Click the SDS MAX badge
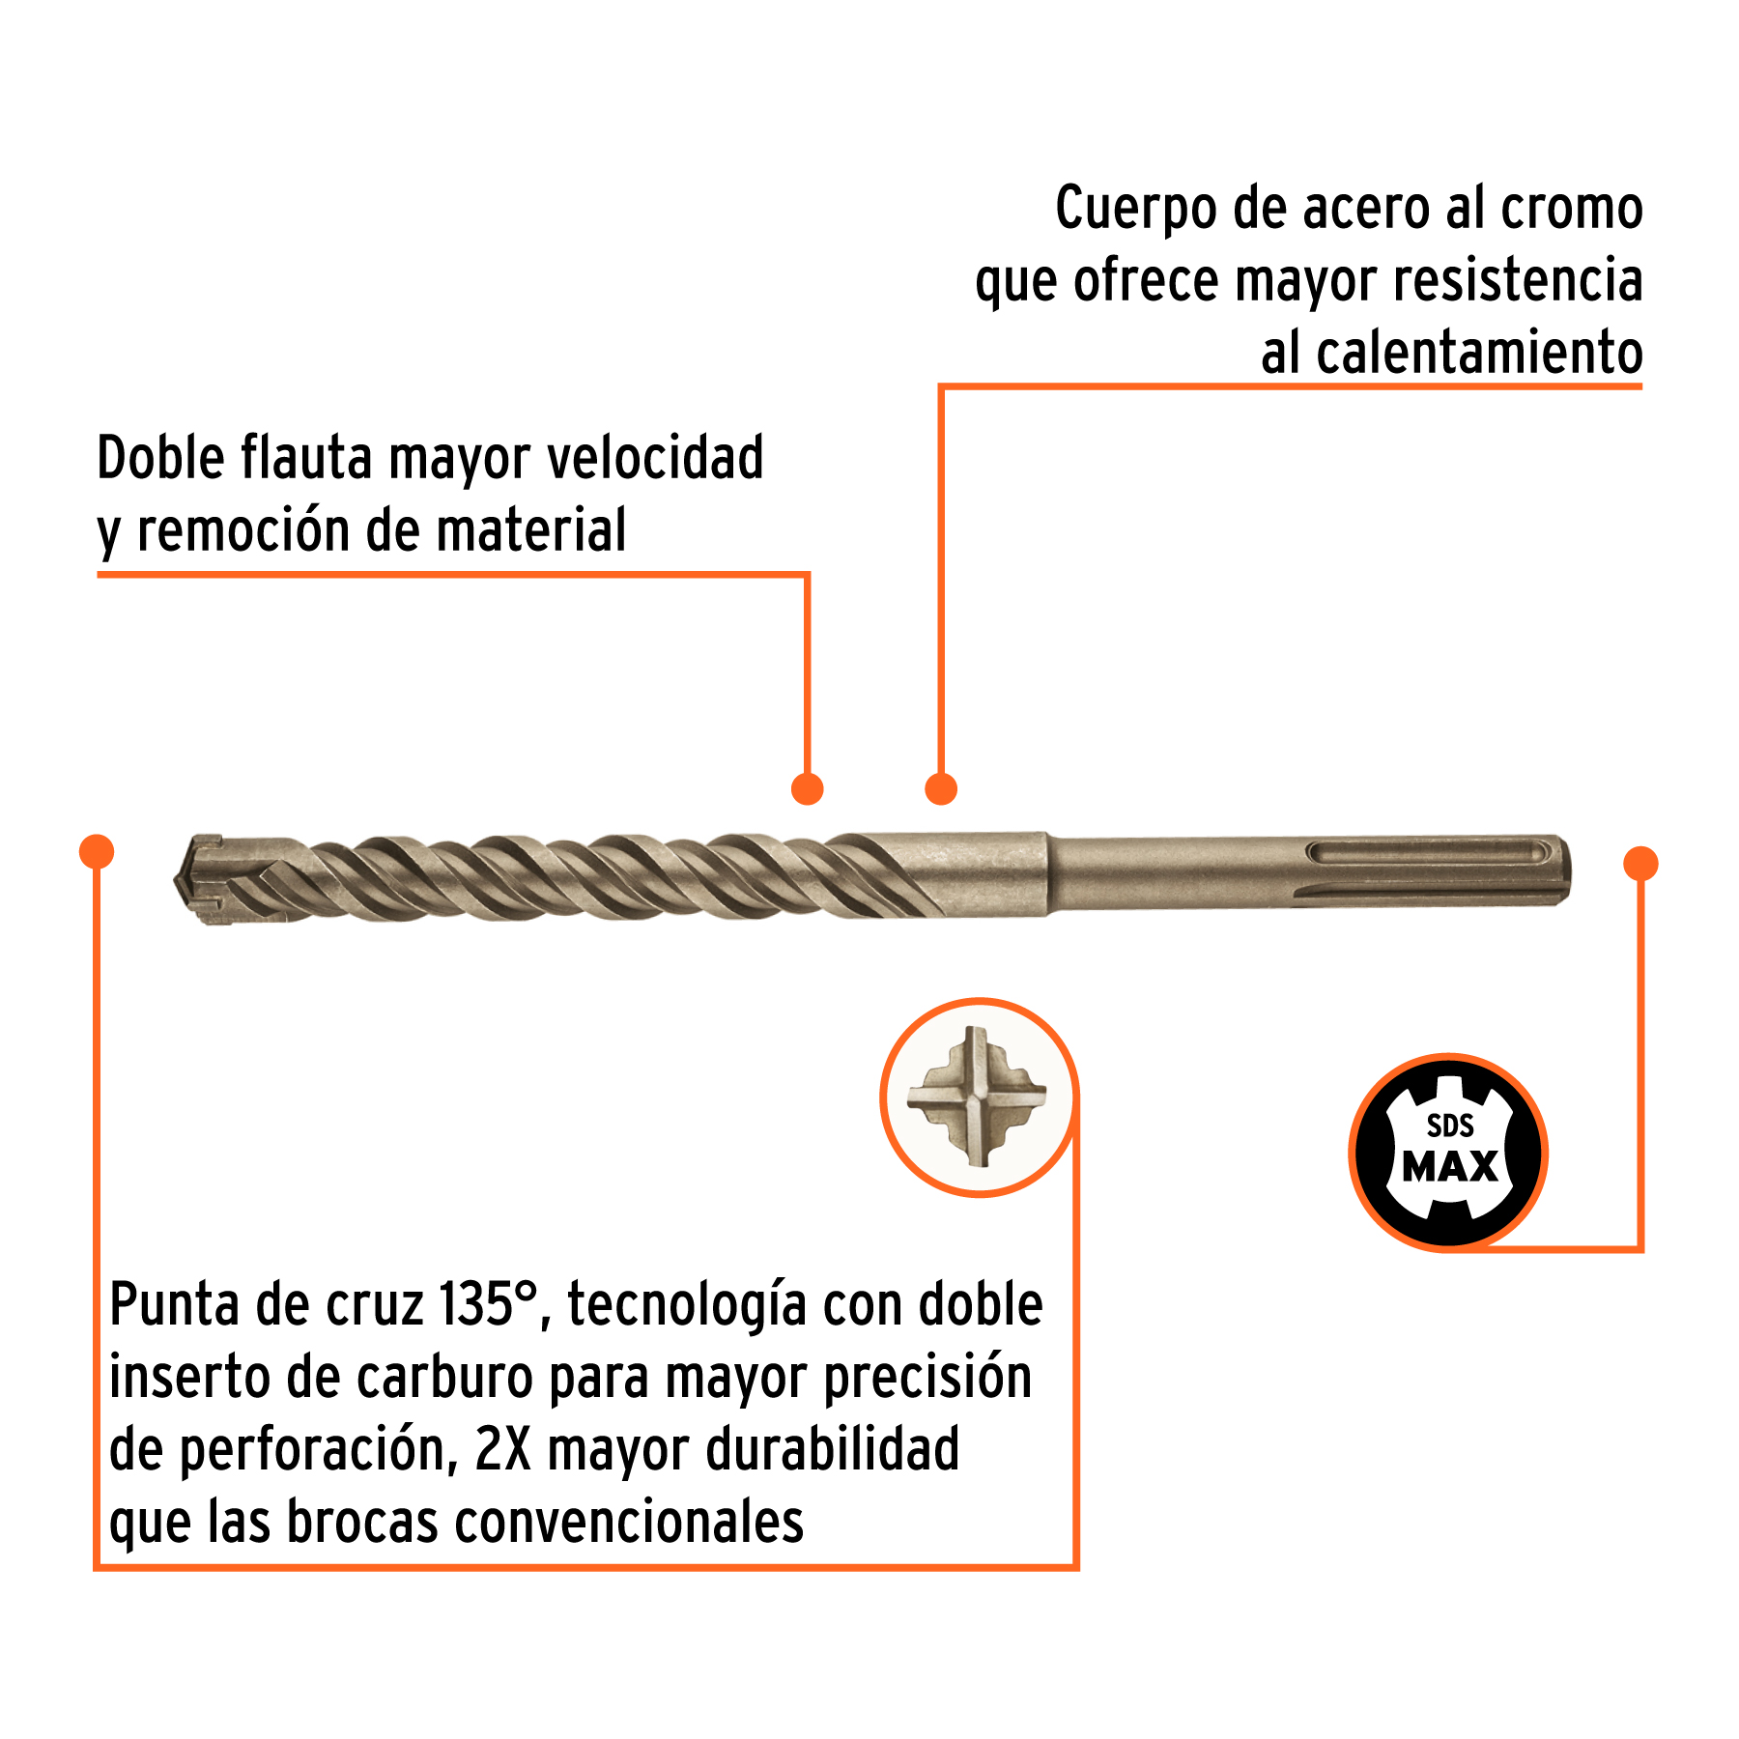(x=1448, y=1152)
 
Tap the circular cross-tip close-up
(x=978, y=1098)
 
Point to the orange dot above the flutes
(x=807, y=788)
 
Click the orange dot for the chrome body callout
(x=940, y=788)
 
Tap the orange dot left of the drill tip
(x=97, y=851)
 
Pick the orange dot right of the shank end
(x=1640, y=863)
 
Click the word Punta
(x=175, y=1304)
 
